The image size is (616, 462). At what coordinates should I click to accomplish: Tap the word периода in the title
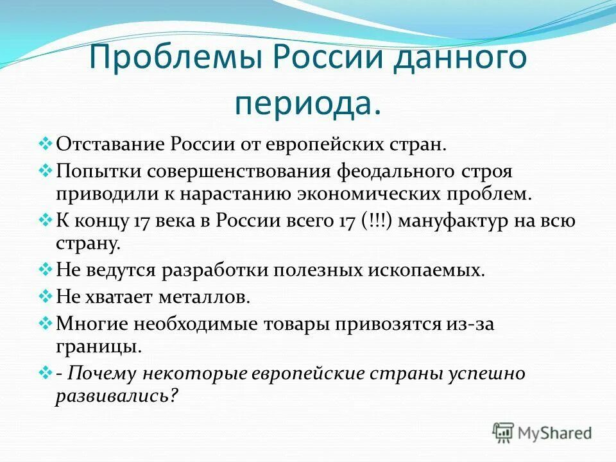pos(307,103)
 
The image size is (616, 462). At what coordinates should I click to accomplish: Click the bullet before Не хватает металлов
pos(48,297)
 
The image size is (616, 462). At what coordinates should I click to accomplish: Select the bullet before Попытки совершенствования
pos(48,171)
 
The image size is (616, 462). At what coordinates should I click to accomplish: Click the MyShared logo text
pos(554,433)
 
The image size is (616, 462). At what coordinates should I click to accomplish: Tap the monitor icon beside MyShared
pos(504,432)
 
